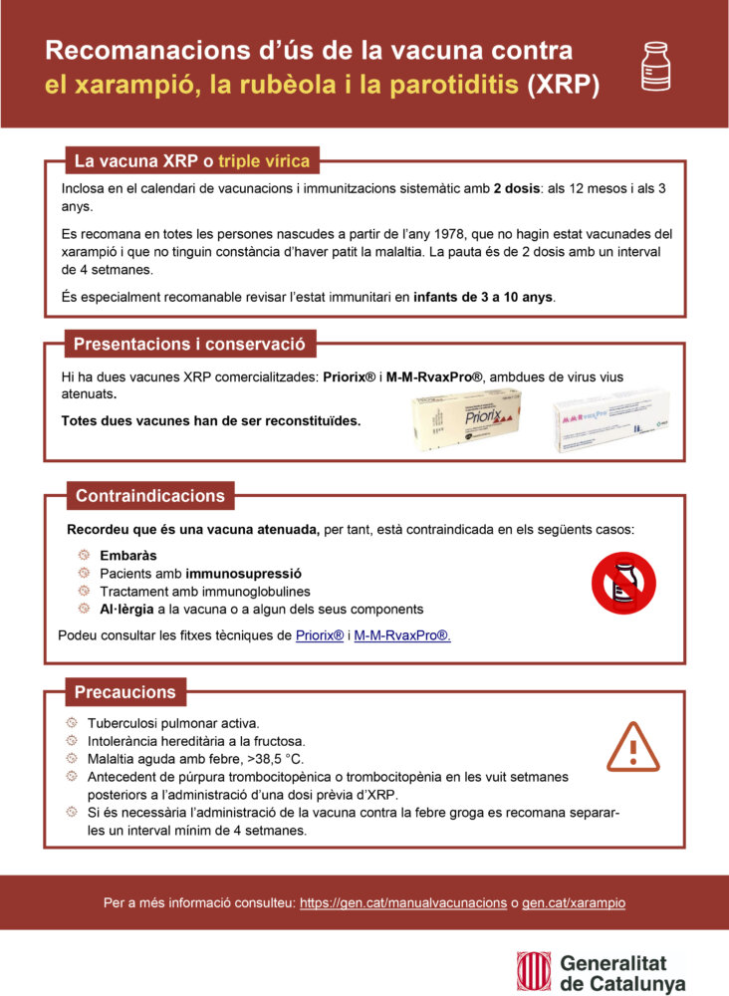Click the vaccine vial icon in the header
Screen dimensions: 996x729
click(654, 67)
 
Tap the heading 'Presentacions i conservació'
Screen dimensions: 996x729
click(189, 346)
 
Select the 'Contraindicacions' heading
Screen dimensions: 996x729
click(149, 496)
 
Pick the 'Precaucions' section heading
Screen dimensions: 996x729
click(124, 692)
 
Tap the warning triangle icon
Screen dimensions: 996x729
click(633, 747)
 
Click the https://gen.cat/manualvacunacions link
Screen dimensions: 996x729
click(403, 902)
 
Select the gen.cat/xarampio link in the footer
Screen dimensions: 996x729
click(574, 902)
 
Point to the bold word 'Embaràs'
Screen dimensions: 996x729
click(128, 555)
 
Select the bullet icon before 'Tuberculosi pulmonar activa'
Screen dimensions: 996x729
click(71, 722)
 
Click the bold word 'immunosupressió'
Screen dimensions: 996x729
click(243, 573)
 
